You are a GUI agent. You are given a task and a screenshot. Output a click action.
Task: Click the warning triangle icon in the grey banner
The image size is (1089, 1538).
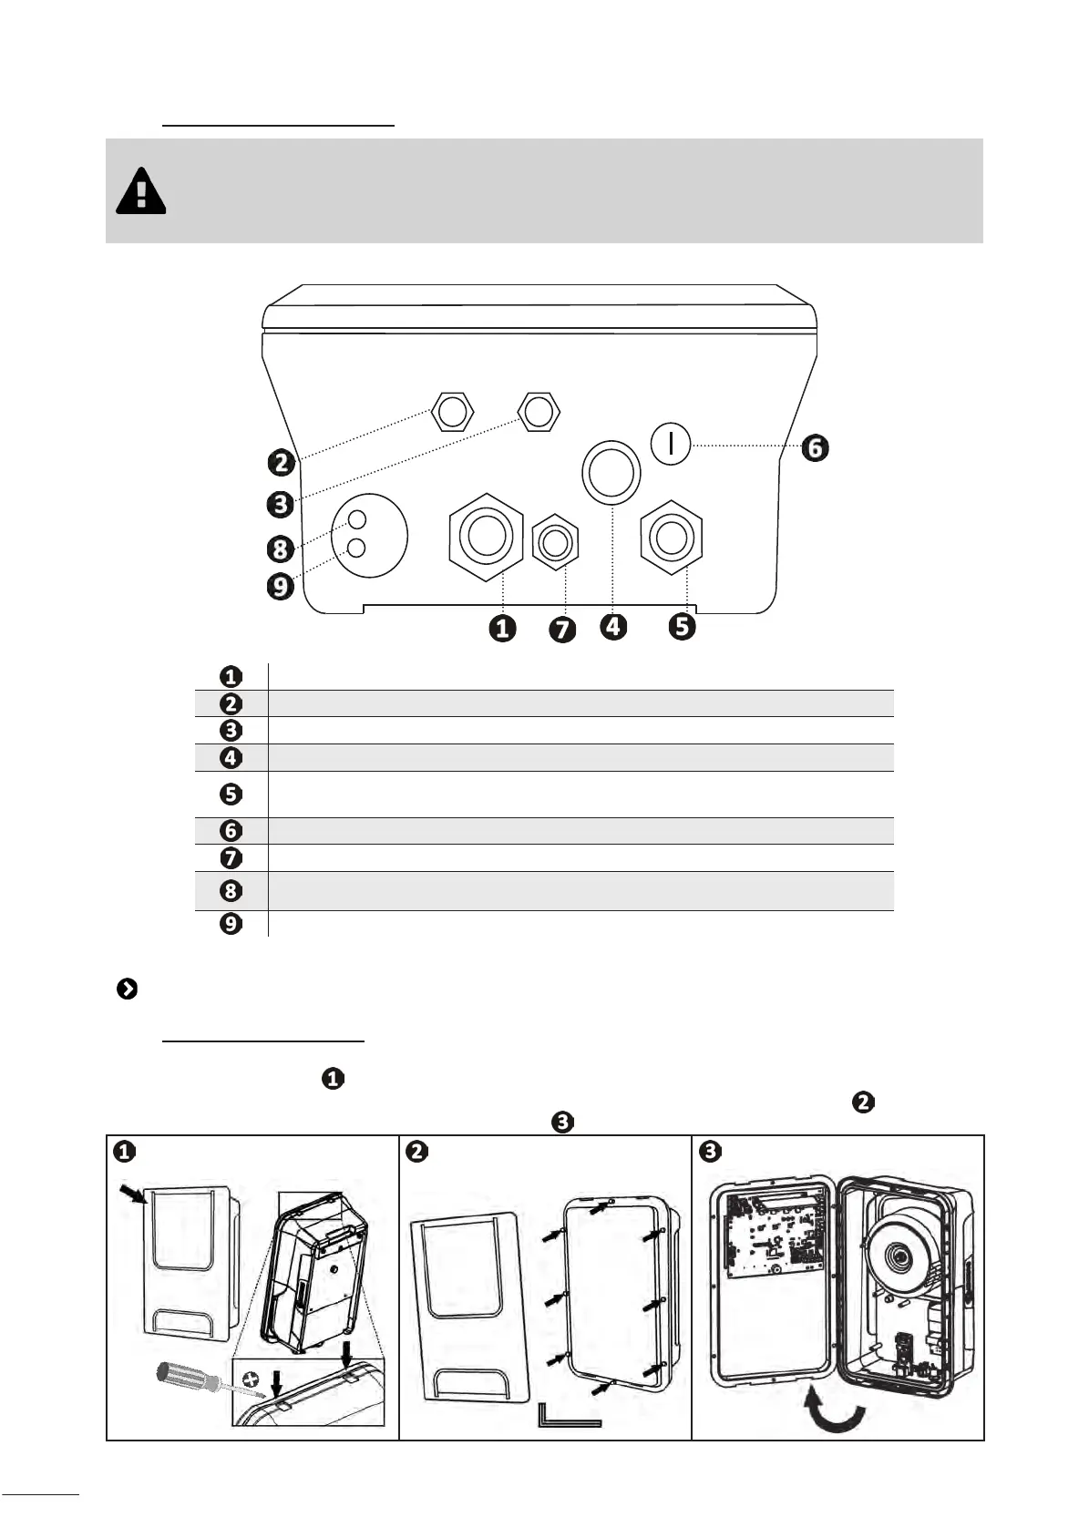[141, 191]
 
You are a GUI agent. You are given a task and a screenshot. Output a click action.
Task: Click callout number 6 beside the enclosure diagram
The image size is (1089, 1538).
[815, 448]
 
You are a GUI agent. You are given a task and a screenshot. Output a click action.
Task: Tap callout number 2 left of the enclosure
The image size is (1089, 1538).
[282, 462]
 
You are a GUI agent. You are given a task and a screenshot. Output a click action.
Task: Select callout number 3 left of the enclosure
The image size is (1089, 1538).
[282, 503]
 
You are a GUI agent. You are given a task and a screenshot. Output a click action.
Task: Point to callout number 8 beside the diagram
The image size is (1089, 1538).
[281, 549]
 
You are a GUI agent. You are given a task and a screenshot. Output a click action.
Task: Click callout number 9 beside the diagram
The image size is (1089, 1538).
[281, 586]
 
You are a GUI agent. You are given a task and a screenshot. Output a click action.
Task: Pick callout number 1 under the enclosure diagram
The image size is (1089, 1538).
[502, 628]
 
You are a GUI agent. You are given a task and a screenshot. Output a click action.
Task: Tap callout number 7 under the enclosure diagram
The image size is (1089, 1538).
[563, 630]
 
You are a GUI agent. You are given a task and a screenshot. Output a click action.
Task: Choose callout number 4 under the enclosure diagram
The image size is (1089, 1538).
[614, 626]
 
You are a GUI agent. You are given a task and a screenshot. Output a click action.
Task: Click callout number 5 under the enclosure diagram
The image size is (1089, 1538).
[682, 626]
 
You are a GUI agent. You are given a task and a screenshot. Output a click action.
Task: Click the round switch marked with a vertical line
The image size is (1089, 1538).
[671, 444]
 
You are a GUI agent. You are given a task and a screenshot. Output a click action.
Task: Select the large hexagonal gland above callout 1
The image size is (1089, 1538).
[486, 537]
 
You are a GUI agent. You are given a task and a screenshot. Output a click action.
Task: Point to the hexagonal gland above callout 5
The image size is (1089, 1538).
[672, 537]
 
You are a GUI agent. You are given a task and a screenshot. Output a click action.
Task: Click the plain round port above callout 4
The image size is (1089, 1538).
[611, 471]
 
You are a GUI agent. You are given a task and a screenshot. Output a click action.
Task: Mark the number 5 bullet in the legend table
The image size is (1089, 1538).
[231, 794]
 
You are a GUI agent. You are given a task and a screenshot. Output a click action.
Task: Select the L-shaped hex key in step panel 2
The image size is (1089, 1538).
[569, 1417]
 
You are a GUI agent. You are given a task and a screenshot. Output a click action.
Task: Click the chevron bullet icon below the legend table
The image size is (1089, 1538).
[128, 989]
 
